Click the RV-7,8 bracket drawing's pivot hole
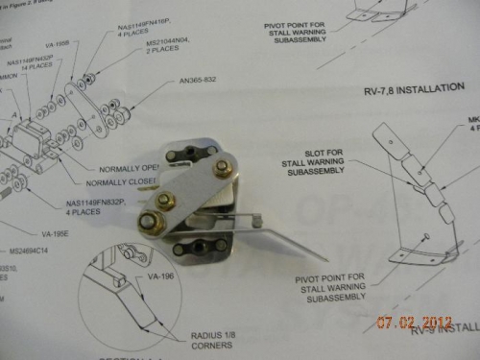424,236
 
